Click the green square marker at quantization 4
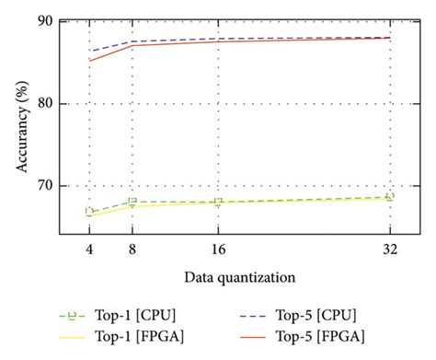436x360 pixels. click(89, 212)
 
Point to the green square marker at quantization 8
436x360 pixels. click(132, 202)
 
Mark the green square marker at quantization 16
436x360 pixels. click(218, 202)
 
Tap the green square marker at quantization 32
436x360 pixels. click(390, 197)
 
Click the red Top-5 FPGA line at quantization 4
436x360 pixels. click(89, 61)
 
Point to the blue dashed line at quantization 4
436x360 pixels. click(89, 52)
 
